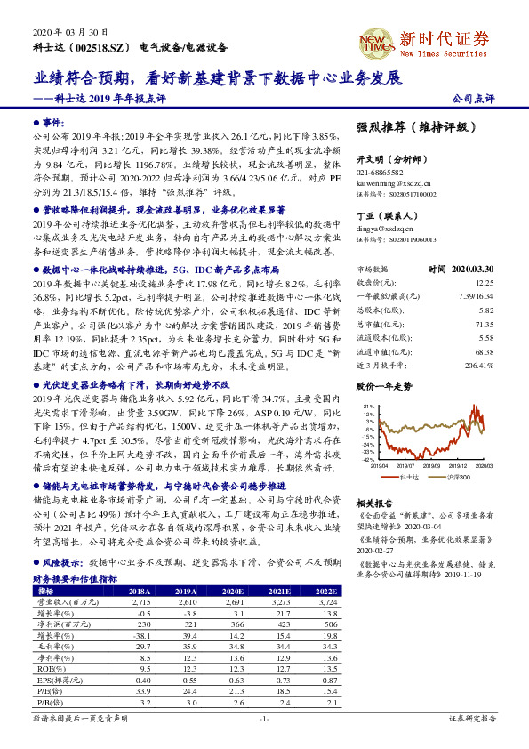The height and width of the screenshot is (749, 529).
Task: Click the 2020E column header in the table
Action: pyautogui.click(x=232, y=591)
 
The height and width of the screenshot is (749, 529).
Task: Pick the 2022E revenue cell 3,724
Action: pyautogui.click(x=326, y=601)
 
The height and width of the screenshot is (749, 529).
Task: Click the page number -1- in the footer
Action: pyautogui.click(x=264, y=717)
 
